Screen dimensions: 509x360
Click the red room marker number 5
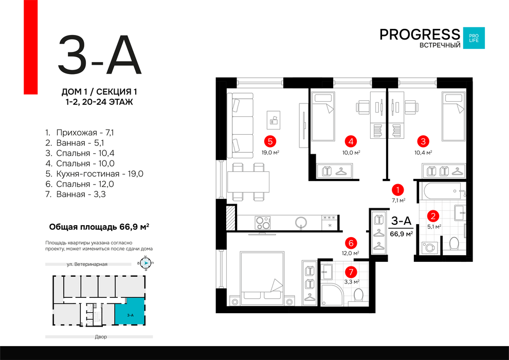coord(270,141)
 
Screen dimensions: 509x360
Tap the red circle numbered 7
coord(351,272)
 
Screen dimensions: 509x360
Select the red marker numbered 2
coord(433,216)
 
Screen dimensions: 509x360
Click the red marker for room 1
coord(397,190)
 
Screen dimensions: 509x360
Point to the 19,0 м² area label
coord(270,152)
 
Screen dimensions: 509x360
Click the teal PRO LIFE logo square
coord(474,38)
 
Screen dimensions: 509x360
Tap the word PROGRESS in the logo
coord(420,34)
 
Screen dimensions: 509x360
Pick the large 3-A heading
coord(100,55)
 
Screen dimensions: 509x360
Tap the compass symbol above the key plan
coord(146,263)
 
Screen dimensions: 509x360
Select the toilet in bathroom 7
coord(358,295)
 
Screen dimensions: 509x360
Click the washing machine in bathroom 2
coord(429,248)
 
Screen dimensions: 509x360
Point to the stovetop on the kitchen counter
coord(263,223)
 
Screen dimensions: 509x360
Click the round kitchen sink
coord(301,223)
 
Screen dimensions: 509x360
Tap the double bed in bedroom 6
coord(262,278)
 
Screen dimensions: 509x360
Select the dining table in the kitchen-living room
coord(248,182)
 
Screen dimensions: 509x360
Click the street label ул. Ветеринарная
coord(87,264)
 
